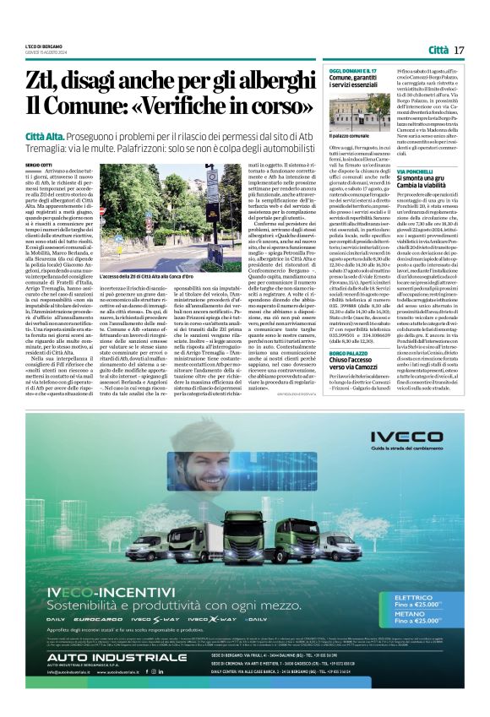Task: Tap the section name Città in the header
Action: [x=437, y=50]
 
